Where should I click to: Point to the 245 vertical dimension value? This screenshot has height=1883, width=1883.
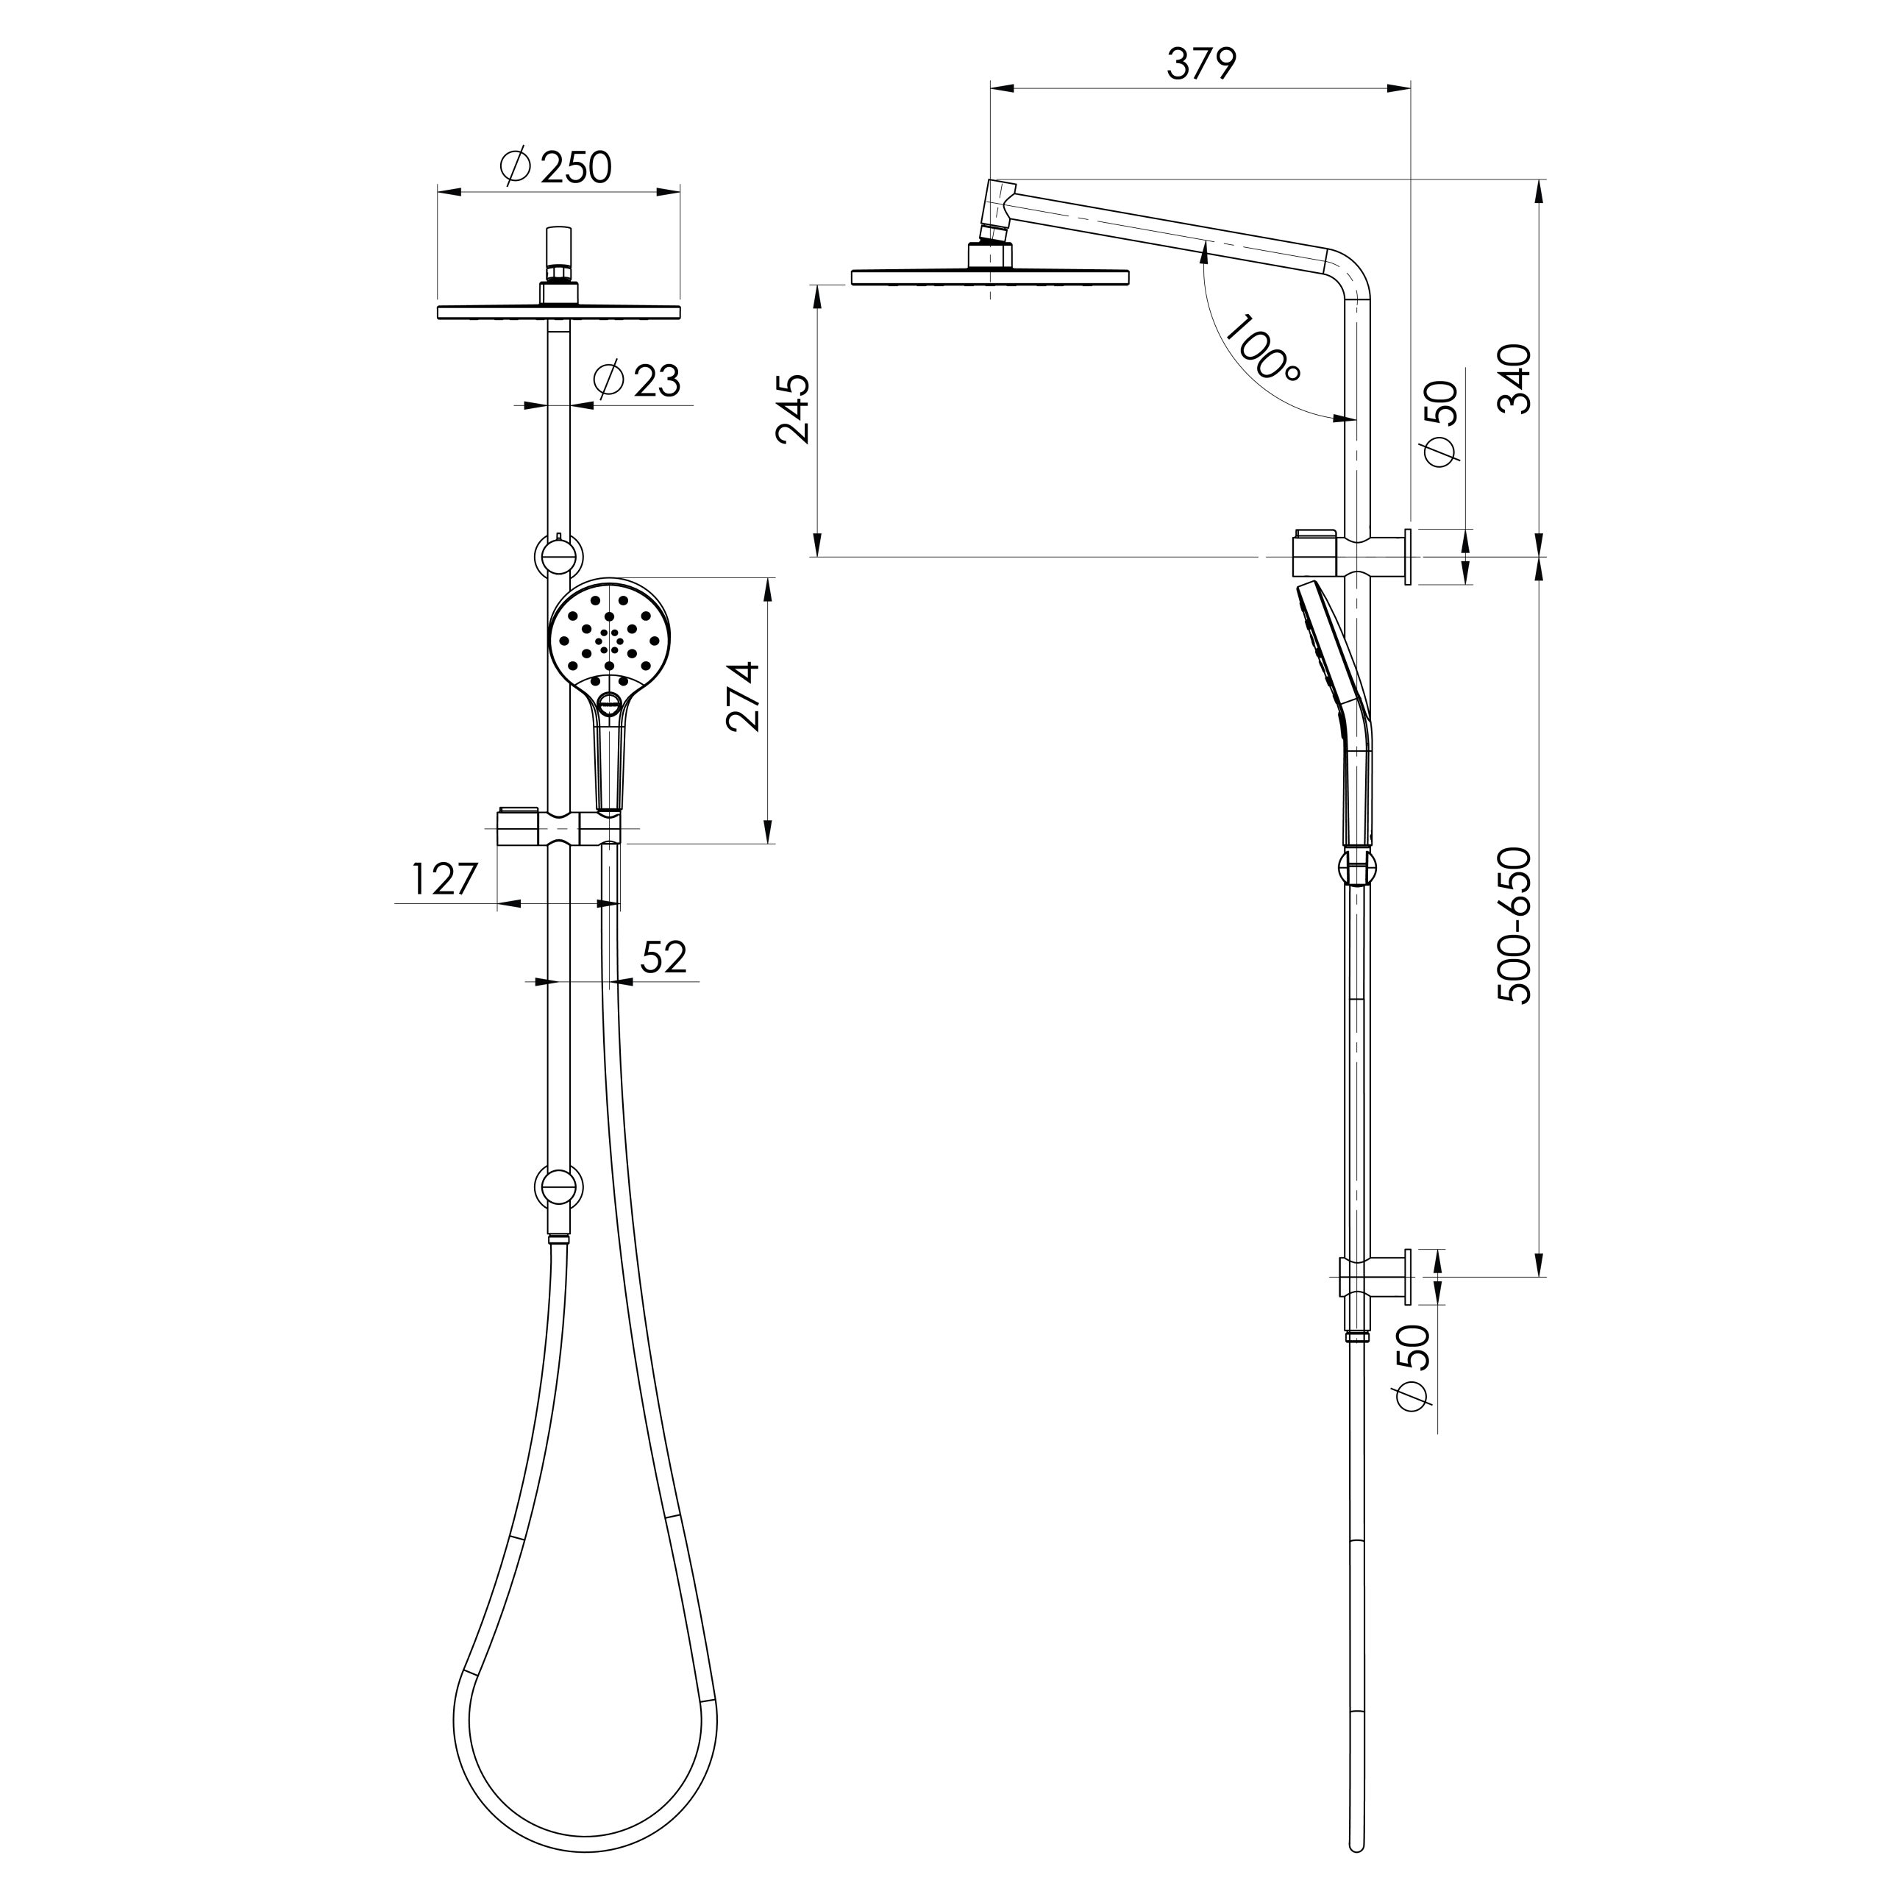[794, 408]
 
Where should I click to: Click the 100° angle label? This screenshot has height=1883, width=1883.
[1259, 349]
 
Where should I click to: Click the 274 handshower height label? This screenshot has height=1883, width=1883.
[744, 696]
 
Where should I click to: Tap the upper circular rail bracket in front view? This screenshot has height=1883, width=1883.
[560, 557]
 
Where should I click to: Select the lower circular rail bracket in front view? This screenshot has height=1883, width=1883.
[560, 1189]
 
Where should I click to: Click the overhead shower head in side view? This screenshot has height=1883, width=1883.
[990, 277]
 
